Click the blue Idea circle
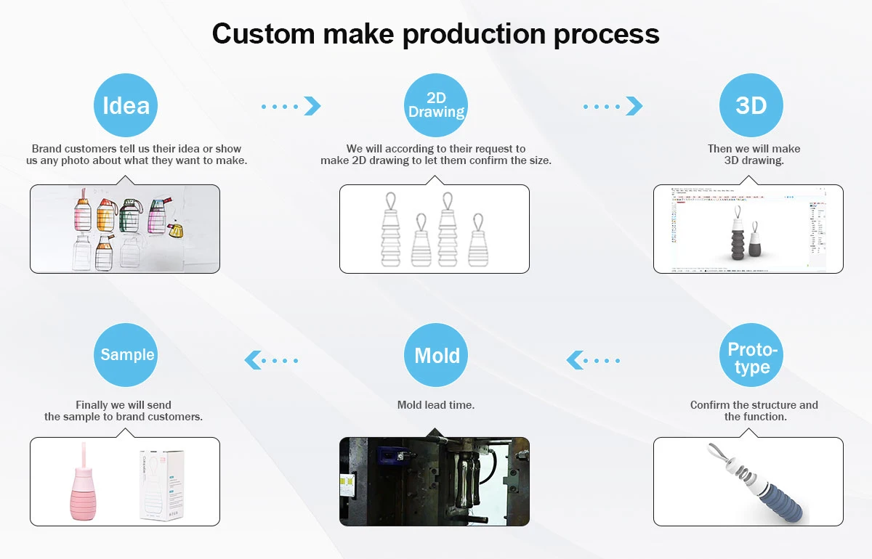coord(126,106)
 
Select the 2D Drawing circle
coord(436,106)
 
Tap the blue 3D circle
coord(751,106)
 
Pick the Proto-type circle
coord(751,356)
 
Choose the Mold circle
coord(436,356)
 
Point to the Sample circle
coord(126,356)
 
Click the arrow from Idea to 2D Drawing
coord(291,106)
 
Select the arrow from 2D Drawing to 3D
coord(613,106)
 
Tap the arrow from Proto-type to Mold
coord(594,359)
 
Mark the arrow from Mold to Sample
coord(272,359)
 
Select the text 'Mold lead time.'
coord(436,405)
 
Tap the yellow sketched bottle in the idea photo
coord(175,231)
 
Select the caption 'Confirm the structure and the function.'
coord(754,411)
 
